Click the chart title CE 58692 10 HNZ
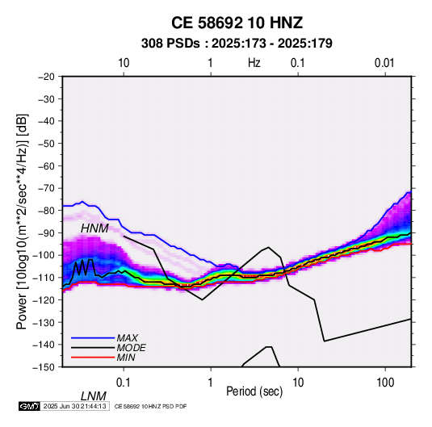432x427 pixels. click(237, 23)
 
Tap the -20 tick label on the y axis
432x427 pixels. click(46, 77)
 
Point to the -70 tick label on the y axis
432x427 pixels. click(46, 188)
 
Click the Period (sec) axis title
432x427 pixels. click(254, 391)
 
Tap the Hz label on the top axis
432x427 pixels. click(254, 63)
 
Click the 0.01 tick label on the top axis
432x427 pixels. click(384, 63)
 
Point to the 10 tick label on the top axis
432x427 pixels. click(124, 63)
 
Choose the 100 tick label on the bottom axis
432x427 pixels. click(385, 383)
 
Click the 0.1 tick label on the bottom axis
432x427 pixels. click(124, 383)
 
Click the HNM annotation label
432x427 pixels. click(94, 228)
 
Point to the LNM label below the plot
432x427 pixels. click(94, 396)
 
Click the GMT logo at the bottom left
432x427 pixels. click(30, 406)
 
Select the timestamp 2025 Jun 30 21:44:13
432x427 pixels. click(74, 406)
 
